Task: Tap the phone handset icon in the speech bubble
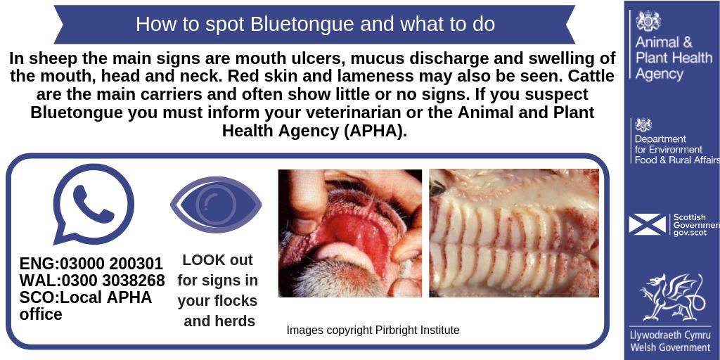pyautogui.click(x=93, y=203)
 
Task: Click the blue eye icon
pyautogui.click(x=216, y=204)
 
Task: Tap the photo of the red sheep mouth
pyautogui.click(x=349, y=233)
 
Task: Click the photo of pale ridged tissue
pyautogui.click(x=514, y=233)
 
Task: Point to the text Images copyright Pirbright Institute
pyautogui.click(x=373, y=330)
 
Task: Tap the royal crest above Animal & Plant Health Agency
pyautogui.click(x=648, y=20)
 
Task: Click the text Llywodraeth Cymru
pyautogui.click(x=670, y=335)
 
